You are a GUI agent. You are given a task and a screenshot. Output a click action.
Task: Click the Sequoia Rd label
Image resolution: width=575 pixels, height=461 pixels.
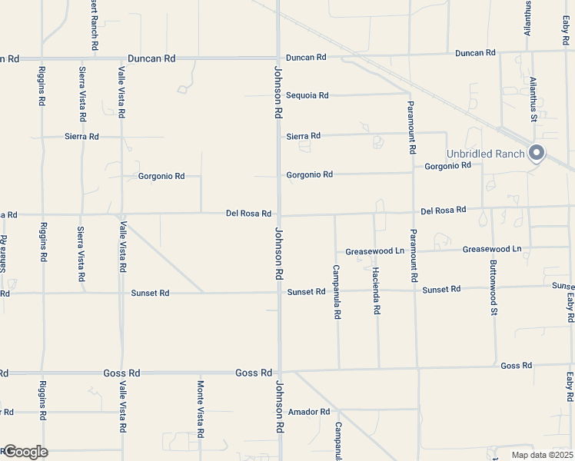click(x=307, y=96)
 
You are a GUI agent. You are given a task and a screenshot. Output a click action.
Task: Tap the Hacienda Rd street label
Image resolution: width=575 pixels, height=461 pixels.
click(x=377, y=290)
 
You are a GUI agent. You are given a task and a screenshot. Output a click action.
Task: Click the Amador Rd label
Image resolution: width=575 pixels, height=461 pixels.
click(x=308, y=412)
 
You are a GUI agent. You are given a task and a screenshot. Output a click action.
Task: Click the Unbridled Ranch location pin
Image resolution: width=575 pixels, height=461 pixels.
click(x=537, y=153)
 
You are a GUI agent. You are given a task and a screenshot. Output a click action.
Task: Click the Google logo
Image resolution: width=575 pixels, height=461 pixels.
click(x=25, y=452)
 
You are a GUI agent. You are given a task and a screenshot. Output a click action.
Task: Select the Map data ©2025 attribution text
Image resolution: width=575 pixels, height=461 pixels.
click(x=542, y=455)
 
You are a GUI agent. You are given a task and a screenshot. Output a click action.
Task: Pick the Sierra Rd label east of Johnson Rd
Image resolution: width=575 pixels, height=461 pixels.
click(x=303, y=136)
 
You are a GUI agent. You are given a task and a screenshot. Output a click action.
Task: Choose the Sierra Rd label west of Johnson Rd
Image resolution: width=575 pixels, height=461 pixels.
click(x=81, y=137)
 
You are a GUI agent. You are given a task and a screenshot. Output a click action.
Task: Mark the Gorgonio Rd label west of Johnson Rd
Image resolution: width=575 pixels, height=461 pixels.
click(x=161, y=176)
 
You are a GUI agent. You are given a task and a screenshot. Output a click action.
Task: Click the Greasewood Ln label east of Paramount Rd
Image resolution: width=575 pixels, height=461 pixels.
click(x=491, y=249)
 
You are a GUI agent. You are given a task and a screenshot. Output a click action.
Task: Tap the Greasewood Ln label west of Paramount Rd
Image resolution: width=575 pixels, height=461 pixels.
click(x=374, y=251)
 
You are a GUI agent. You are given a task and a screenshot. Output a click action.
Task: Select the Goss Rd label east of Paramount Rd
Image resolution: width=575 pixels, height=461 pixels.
click(x=516, y=366)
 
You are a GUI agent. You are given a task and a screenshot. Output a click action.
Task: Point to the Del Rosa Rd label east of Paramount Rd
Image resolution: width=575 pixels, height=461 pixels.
click(x=444, y=210)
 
